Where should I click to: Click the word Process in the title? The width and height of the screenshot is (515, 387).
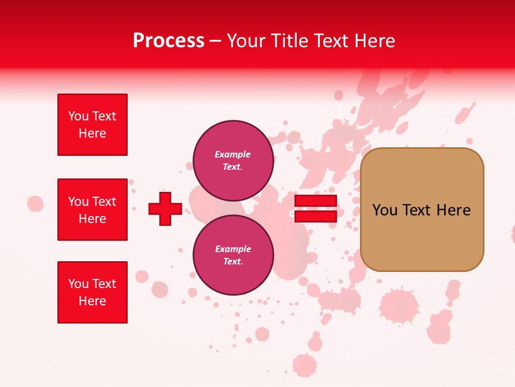point(168,41)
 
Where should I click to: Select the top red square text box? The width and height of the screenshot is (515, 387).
point(92,125)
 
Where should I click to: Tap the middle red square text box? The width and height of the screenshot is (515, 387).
point(92,210)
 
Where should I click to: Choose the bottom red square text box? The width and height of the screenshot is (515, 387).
point(92,292)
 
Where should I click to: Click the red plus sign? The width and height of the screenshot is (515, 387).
point(165,209)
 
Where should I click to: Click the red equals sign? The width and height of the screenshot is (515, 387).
point(315,209)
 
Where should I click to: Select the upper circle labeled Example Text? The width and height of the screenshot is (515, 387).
point(233,160)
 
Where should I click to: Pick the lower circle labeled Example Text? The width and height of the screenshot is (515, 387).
point(233,255)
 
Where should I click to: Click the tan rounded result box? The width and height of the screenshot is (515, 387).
point(422,210)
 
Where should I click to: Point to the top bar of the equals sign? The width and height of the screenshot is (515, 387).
point(315,201)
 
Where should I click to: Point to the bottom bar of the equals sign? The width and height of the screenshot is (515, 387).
point(315,216)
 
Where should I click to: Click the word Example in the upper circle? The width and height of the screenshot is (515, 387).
point(232,154)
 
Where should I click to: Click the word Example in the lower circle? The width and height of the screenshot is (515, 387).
point(233,249)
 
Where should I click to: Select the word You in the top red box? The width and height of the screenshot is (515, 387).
point(78,116)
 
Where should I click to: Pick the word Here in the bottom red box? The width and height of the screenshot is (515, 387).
point(92,301)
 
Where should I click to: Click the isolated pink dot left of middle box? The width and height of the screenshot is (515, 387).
point(35,204)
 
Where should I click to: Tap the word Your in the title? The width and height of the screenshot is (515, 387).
point(247,41)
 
